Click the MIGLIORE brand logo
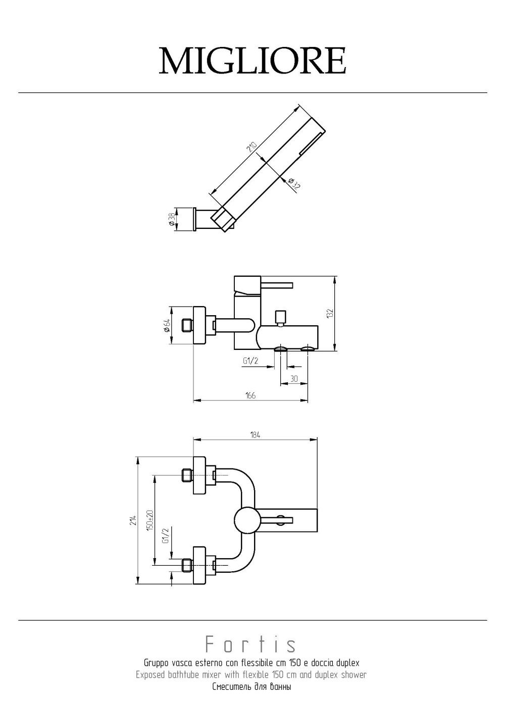[252, 61]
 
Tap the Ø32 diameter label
[294, 184]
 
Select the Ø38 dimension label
[171, 219]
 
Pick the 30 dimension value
[294, 379]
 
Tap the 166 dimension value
[250, 396]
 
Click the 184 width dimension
[255, 435]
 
